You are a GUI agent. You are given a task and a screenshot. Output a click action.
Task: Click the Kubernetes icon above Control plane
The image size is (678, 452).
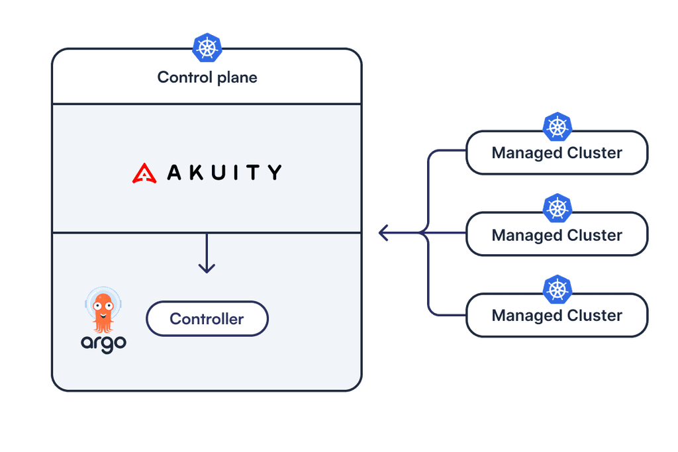pos(207,48)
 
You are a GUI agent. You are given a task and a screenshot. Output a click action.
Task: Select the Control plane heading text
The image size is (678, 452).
pos(207,77)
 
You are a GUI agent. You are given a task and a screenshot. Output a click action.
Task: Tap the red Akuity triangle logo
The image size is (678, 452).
pos(144,173)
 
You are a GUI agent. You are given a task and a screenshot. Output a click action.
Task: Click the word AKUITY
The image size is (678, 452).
pos(224,173)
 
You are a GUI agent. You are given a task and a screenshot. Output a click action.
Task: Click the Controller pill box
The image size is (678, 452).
pos(207,319)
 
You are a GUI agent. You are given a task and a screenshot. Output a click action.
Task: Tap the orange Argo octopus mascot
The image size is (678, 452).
pos(103,311)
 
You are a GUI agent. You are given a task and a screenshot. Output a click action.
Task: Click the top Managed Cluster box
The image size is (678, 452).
pos(557,154)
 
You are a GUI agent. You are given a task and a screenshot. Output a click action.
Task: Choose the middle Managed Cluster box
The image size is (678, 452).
pos(557,236)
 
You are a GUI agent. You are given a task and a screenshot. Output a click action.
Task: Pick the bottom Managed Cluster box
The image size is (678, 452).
pos(557,316)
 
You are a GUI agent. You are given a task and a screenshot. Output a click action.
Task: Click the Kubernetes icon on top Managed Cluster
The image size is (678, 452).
pos(557,126)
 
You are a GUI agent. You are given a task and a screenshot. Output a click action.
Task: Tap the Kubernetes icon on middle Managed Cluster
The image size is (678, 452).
pos(557,208)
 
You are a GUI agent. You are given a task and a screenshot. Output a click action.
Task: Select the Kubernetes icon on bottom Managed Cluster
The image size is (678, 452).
pos(557,289)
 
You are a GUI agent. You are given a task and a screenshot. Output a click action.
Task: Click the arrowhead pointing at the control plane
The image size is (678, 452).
pos(383,233)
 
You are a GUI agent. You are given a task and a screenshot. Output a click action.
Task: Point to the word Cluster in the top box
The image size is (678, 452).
pos(595,154)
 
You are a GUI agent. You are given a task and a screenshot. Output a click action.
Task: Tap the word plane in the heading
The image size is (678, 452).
pos(237,78)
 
